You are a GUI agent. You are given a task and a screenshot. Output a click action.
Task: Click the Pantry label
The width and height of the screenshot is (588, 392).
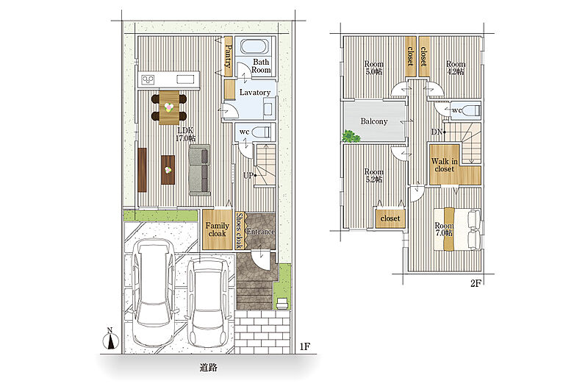point(228,56)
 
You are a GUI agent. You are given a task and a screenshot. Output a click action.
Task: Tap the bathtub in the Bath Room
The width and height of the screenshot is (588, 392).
point(254,47)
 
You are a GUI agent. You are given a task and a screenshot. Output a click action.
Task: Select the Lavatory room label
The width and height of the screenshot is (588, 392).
point(255,92)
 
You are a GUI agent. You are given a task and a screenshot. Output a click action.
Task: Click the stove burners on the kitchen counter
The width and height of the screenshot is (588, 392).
point(148,79)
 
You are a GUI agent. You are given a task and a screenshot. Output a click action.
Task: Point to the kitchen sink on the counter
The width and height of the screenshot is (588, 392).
point(186,79)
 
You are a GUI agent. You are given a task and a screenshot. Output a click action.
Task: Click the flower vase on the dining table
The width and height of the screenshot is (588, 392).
point(169,107)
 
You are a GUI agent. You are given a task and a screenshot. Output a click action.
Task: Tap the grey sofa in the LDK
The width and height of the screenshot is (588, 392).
point(199,170)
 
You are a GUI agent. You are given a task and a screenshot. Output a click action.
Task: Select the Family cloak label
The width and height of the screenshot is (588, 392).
point(217,229)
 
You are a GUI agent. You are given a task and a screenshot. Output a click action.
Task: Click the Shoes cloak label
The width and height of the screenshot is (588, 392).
point(240,230)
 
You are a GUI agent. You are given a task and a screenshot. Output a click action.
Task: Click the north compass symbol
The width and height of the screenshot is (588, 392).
point(110,339)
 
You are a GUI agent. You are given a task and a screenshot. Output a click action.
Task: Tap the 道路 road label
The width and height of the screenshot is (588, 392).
point(208,367)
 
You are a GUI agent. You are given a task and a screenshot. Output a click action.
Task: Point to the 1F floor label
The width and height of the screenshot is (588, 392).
point(305,346)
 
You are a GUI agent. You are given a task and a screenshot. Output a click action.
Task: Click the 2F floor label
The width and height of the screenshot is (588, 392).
point(476,283)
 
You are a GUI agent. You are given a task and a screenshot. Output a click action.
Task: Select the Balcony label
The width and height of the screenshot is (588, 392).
point(374,121)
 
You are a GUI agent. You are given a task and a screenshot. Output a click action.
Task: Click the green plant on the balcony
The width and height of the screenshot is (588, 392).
point(351,136)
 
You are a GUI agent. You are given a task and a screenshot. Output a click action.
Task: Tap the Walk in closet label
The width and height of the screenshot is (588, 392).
point(445,165)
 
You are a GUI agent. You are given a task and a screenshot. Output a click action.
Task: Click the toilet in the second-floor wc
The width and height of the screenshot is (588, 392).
point(472,110)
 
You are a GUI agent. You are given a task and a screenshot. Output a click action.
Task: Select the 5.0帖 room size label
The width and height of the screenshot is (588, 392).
point(374,71)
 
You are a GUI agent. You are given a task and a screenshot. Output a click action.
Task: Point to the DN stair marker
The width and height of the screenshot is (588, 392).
point(438,132)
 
